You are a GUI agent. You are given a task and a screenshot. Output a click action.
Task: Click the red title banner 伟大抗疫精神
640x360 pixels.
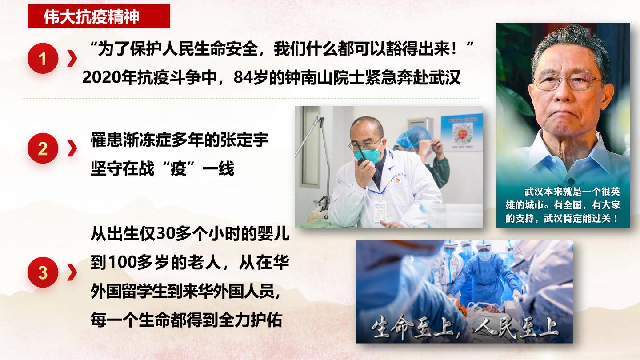99,16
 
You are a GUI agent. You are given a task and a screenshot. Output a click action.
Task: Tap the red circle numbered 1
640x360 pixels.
43,58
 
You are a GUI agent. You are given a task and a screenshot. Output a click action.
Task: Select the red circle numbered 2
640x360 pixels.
43,148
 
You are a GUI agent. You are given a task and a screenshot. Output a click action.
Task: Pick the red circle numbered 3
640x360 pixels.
43,272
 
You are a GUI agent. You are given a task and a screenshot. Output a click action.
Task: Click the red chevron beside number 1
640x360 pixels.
72,58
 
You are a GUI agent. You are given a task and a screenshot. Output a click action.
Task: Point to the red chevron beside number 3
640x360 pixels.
72,272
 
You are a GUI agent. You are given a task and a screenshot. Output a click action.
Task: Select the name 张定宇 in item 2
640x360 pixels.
244,140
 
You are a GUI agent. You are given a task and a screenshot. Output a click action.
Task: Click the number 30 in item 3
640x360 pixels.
166,234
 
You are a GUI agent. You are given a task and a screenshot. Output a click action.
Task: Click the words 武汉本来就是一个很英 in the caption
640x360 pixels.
572,192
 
